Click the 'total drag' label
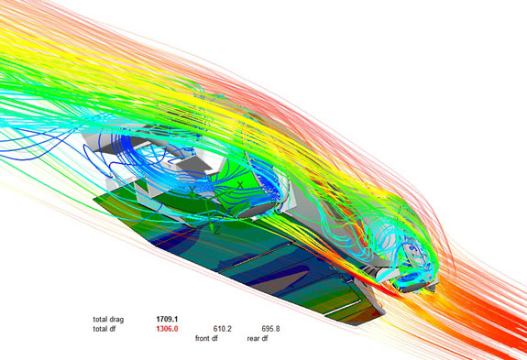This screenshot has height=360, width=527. [108, 319]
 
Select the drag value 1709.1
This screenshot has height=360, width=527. [167, 319]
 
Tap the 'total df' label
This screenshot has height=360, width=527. [104, 329]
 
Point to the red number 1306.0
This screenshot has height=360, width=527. [167, 329]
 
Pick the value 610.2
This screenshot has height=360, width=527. [223, 329]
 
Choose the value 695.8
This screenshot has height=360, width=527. [270, 329]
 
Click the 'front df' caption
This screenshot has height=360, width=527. [206, 338]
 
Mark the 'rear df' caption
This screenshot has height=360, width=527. [258, 338]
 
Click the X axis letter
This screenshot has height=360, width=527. [240, 185]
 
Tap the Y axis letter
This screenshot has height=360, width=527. [192, 191]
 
